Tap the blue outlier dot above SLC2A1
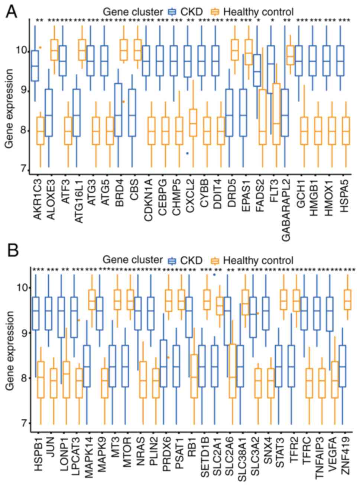[x=214, y=275]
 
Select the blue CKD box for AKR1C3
[x=35, y=65]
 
